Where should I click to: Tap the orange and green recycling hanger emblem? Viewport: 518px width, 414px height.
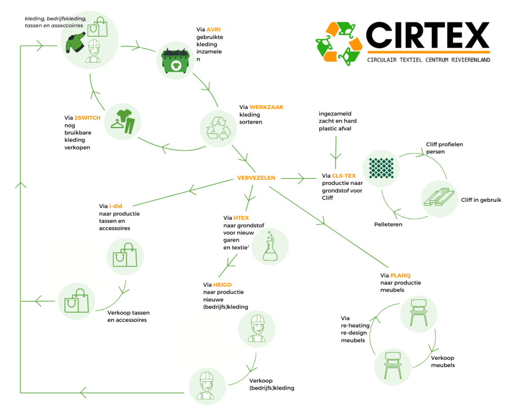[338, 43]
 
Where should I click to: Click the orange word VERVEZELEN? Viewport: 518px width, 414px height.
[256, 178]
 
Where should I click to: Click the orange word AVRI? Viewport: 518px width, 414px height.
[214, 30]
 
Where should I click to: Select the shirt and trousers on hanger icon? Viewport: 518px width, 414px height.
[122, 122]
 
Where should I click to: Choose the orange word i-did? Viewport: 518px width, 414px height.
[116, 206]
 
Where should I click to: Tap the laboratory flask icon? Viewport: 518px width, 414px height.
[270, 247]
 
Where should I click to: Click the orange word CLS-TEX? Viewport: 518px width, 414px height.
[344, 176]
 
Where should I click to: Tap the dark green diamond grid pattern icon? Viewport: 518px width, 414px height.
[381, 168]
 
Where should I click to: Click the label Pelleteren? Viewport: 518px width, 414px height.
[388, 224]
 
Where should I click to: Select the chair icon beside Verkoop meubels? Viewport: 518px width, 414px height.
[393, 365]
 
